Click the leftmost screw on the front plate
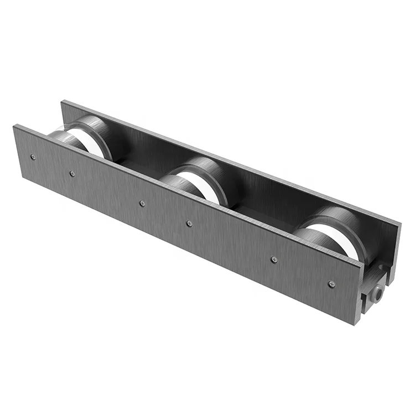coord(33,157)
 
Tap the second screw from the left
coord(72,173)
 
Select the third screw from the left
coord(142,203)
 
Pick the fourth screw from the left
coord(189,224)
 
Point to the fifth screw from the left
coord(274,259)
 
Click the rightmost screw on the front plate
coord(331,284)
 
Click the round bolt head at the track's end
coord(378,294)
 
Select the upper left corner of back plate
coord(62,101)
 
